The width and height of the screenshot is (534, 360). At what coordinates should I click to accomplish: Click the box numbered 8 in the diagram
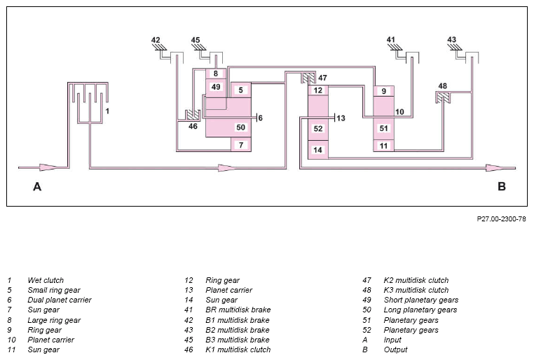point(216,74)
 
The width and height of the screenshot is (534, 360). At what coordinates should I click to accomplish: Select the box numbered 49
point(216,88)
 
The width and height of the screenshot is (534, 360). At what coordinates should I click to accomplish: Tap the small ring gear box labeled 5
point(241,90)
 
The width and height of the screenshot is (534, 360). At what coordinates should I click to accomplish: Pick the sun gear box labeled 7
point(241,144)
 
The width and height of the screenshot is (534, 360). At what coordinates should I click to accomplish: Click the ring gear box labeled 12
point(318,90)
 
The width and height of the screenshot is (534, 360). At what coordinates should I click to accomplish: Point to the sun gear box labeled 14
point(318,150)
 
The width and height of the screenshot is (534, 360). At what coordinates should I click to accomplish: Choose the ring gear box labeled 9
point(384,91)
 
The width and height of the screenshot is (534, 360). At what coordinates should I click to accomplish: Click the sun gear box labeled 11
point(384,146)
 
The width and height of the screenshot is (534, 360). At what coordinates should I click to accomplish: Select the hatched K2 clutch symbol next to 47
point(308,78)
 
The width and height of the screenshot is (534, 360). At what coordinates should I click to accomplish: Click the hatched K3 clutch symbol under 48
point(443,97)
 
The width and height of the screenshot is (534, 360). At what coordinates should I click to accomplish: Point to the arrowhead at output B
point(494,168)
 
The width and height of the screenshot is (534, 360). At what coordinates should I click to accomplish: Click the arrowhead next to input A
point(48,167)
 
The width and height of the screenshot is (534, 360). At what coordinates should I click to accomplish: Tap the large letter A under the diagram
point(37,186)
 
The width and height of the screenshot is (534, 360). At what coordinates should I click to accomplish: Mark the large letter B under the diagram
point(502,186)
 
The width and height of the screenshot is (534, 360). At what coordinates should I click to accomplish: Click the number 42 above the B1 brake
point(156,40)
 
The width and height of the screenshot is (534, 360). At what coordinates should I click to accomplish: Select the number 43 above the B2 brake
point(451,40)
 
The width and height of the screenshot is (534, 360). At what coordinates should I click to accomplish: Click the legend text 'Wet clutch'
point(46,280)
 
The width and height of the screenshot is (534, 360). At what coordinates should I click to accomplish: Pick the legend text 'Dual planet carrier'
point(60,300)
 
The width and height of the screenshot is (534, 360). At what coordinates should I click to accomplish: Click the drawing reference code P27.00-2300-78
point(501,219)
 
